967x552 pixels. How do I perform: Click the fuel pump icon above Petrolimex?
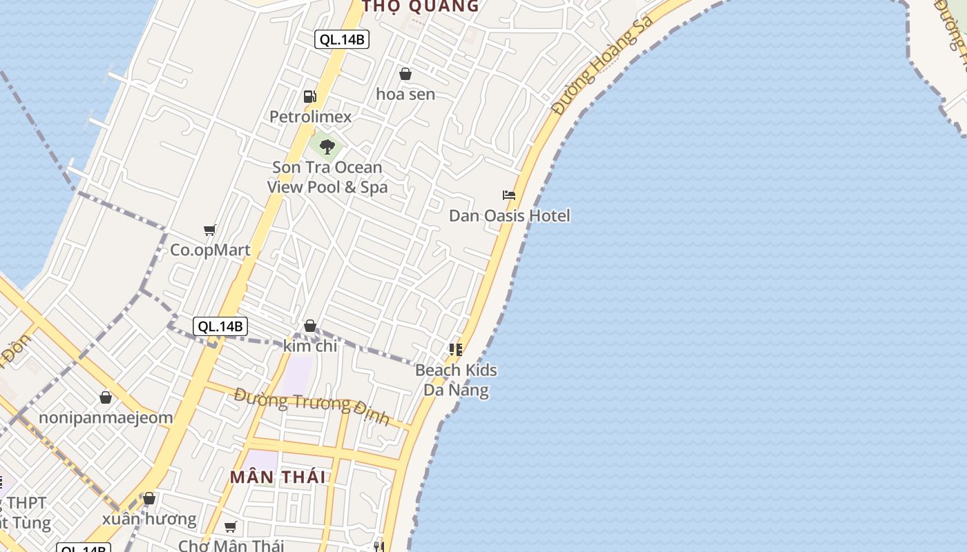pos(310,97)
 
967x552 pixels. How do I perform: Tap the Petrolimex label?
pos(310,117)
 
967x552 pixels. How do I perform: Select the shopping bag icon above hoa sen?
pos(405,74)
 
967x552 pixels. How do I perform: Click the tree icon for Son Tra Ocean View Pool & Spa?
pos(327,146)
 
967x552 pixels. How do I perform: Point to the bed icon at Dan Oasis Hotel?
pos(509,195)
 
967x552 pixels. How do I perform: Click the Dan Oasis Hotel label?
pos(510,216)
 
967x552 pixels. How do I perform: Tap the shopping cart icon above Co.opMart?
pos(209,230)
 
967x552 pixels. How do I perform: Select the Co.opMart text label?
pos(210,250)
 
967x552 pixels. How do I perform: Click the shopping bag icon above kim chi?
pos(310,326)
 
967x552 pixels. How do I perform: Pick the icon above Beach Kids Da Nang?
pos(456,350)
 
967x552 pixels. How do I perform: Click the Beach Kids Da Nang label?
pos(456,380)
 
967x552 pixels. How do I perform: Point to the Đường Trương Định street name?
pos(312,406)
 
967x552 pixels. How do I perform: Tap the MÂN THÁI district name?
pos(278,477)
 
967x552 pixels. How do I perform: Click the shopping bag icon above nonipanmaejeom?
pos(106,397)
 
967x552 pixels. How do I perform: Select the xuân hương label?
pos(149,519)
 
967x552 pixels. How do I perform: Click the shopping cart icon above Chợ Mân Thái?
pos(231,527)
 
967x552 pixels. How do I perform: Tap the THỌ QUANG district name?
pos(421,7)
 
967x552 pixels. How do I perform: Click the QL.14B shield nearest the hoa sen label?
pos(342,39)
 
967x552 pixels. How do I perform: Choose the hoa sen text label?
pos(405,94)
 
